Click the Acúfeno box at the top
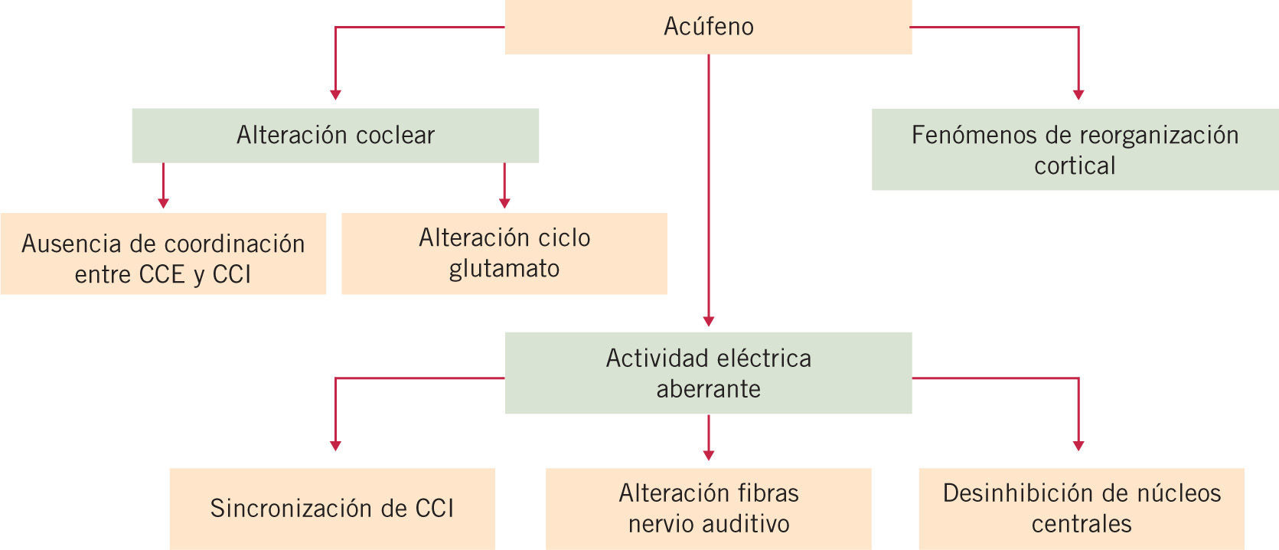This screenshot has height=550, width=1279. pos(708,27)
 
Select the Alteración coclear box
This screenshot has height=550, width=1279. pos(335,135)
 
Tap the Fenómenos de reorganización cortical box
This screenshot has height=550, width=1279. pos(1075,149)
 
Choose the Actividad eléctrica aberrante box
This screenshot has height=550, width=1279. pos(708,373)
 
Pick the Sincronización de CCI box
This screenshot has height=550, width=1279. pos(332,509)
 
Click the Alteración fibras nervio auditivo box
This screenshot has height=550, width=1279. pos(708,509)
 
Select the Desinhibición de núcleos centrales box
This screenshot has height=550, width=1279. pos(1082,509)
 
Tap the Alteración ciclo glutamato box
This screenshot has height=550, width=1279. pos(504,254)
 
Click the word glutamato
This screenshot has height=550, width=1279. pos(504,269)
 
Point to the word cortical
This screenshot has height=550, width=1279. pos(1075,165)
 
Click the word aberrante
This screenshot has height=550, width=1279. pos(708,389)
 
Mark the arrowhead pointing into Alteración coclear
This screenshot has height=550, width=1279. pos(335,95)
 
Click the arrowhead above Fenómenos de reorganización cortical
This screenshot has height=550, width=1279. pos(1078,95)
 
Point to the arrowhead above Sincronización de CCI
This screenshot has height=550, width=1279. pos(335,446)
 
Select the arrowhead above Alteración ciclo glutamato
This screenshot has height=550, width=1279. pos(504,203)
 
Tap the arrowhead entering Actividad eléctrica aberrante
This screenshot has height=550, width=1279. pos(709,322)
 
